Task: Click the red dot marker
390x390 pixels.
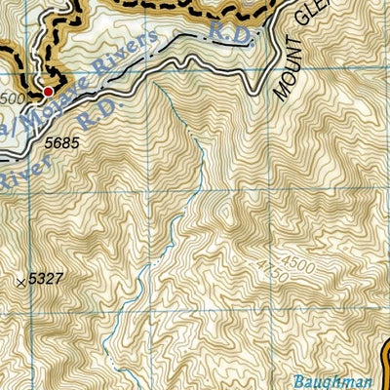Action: point(46,91)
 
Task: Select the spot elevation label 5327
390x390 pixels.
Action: point(46,279)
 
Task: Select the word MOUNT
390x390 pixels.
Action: point(284,77)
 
